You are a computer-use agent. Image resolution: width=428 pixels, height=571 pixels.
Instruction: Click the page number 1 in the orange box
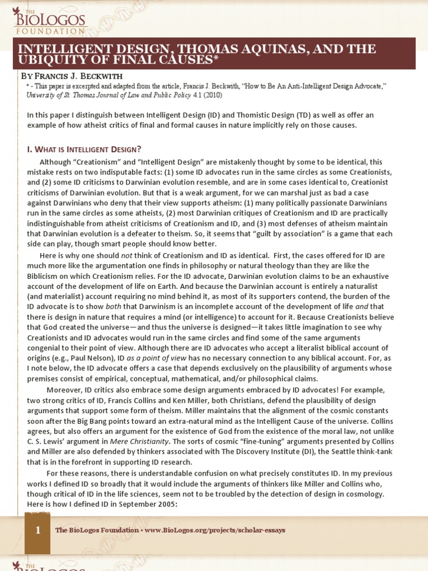pos(38,530)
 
